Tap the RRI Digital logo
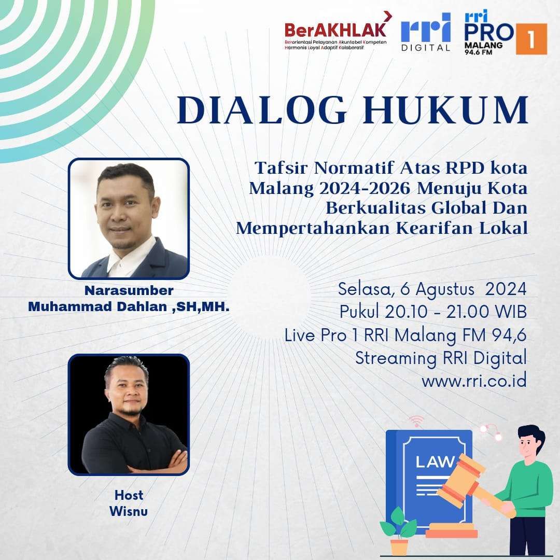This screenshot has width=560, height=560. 425,32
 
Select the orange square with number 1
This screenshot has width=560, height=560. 531,39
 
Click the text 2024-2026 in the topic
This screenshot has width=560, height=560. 365,188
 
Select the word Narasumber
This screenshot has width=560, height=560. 129,290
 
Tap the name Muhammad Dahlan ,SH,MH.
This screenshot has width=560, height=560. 129,306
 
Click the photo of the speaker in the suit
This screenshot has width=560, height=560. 129,219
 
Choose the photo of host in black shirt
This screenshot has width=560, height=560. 129,415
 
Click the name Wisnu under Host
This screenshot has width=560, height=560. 129,511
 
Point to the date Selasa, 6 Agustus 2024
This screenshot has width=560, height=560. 432,289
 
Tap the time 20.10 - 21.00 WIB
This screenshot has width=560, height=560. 456,312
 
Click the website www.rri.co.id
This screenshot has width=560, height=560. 474,381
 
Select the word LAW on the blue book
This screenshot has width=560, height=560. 435,462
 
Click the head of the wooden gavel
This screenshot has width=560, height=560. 461,481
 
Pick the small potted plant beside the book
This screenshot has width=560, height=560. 398,531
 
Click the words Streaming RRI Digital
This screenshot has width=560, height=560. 441,358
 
